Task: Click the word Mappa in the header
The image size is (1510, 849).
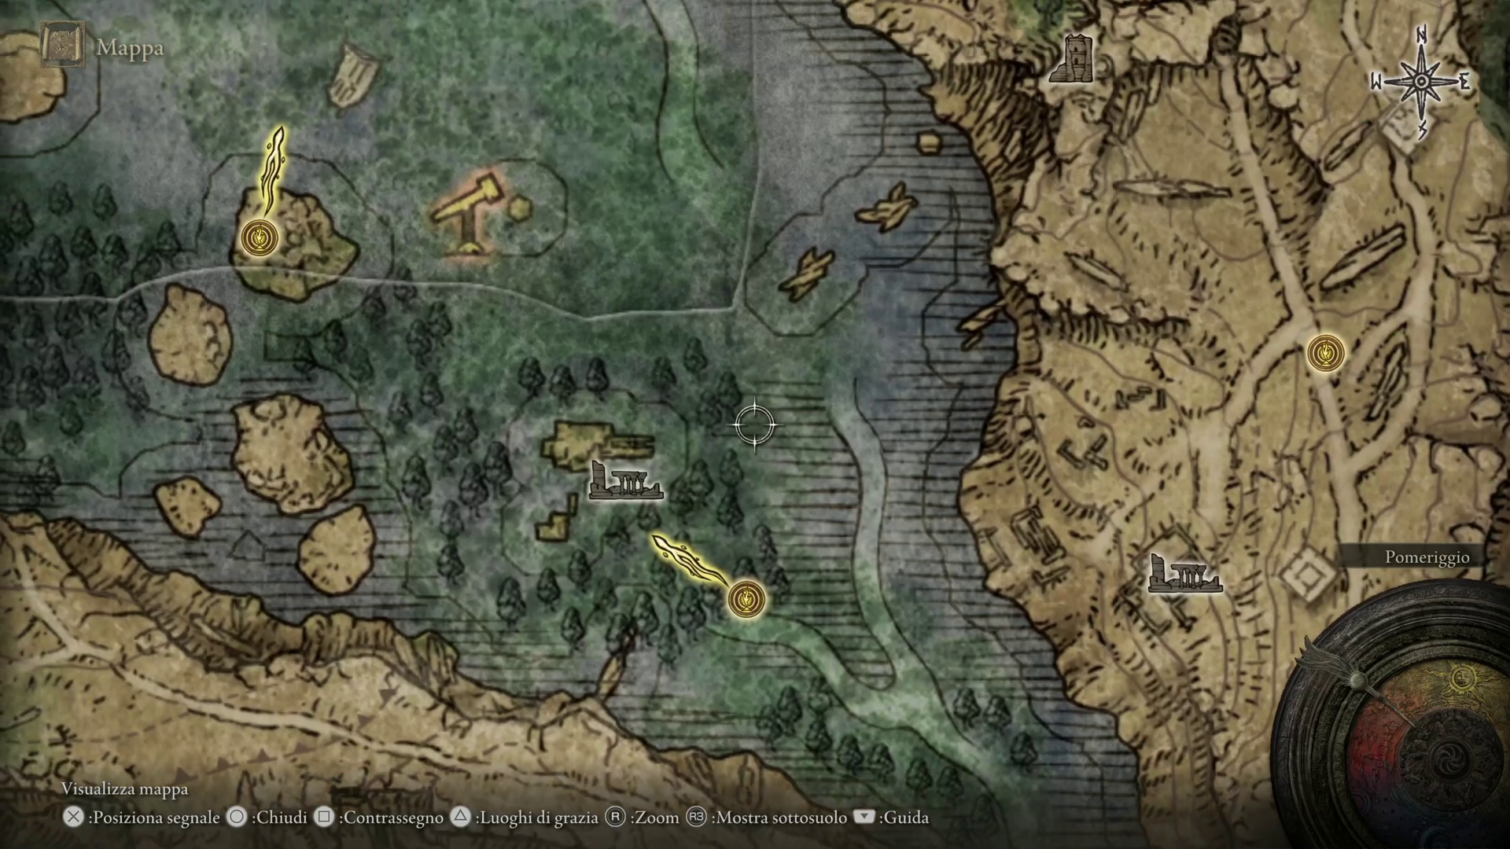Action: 130,48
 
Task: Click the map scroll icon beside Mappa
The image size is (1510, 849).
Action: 62,44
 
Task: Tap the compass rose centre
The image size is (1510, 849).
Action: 1421,82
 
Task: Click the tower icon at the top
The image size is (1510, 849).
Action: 1072,59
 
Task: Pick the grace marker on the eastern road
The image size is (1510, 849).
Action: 1325,353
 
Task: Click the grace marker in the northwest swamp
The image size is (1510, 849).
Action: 260,237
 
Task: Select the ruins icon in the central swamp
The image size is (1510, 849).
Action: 625,481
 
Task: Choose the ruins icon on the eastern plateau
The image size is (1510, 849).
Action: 1184,573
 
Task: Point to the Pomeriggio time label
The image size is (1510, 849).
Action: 1427,557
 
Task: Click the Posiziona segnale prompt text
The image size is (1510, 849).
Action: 154,818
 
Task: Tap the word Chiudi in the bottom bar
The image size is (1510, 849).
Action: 281,818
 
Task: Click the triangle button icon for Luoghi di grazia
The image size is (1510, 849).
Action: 461,818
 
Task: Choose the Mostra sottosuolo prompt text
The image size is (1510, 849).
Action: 779,818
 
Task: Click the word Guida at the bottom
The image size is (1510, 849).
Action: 906,818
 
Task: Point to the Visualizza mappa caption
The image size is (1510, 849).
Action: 125,788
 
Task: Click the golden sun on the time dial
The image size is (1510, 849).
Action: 1461,678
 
